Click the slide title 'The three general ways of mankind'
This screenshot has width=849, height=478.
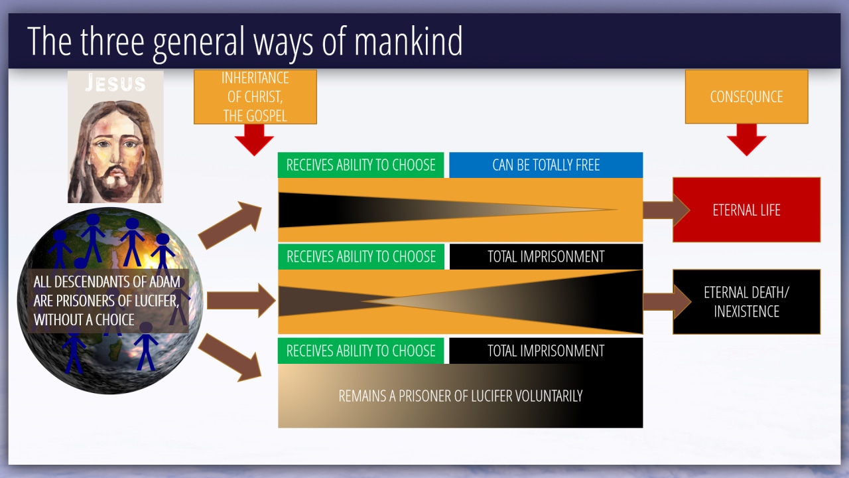pos(245,41)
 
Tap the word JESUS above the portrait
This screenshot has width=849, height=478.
pos(115,83)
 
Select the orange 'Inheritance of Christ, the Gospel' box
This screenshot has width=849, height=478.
pos(255,97)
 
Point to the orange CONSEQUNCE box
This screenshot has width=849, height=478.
pos(746,97)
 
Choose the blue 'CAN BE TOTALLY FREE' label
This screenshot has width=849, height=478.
pos(546,165)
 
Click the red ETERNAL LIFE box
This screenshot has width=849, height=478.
pos(746,210)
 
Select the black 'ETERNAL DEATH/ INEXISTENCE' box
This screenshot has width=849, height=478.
pos(746,301)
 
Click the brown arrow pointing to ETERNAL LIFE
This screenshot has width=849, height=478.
pos(665,210)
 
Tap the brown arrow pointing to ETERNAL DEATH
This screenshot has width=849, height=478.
pos(666,301)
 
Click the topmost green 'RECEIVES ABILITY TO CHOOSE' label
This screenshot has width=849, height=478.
pos(361,165)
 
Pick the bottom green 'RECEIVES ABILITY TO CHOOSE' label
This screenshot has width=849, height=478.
pos(361,351)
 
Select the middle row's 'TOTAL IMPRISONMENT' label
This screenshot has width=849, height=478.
pos(546,257)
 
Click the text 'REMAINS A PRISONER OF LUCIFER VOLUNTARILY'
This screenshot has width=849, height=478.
pos(460,396)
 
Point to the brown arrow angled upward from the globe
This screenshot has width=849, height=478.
pos(231,224)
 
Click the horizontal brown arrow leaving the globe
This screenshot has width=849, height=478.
pos(241,301)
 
